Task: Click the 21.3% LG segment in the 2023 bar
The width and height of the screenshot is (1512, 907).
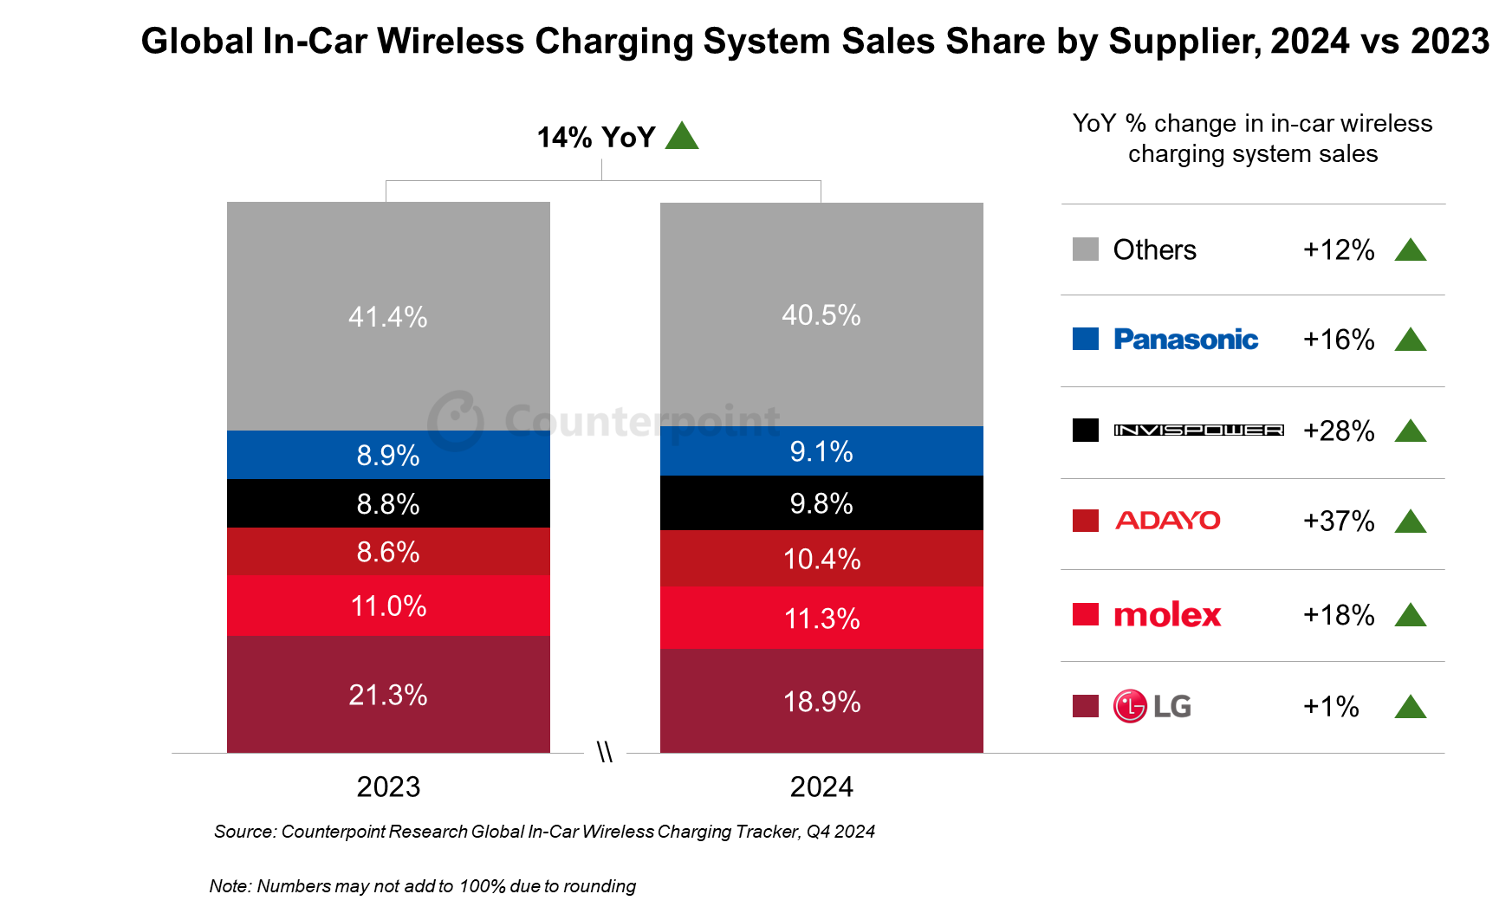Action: pos(388,694)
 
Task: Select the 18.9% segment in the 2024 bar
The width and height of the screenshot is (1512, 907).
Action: pos(821,701)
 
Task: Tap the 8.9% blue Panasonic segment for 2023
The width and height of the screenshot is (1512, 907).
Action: pos(388,455)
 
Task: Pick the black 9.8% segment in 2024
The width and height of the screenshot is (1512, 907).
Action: pos(821,503)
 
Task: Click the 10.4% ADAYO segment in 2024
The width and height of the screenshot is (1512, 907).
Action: pos(821,559)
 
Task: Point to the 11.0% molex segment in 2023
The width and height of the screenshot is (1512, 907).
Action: pos(388,606)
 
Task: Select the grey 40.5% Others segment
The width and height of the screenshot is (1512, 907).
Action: pos(821,314)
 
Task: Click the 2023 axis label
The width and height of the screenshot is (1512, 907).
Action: pos(388,787)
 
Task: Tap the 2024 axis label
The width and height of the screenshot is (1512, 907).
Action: pos(821,787)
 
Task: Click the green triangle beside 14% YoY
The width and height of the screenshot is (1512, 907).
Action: pos(682,137)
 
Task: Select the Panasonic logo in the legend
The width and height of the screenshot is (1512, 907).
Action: pos(1185,340)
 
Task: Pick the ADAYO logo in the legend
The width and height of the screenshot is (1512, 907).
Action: pos(1167,521)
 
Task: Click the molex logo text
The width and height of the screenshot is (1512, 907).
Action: pos(1167,615)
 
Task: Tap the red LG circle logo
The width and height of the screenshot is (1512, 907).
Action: pos(1130,706)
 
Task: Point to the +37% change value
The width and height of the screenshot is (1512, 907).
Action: pos(1339,521)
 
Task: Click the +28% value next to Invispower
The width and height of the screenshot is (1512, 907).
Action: pos(1339,431)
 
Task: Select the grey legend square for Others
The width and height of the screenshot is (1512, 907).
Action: pos(1085,249)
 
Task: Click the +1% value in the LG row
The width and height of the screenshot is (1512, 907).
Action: pos(1331,706)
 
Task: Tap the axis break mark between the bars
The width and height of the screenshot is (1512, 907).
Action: pos(605,752)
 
